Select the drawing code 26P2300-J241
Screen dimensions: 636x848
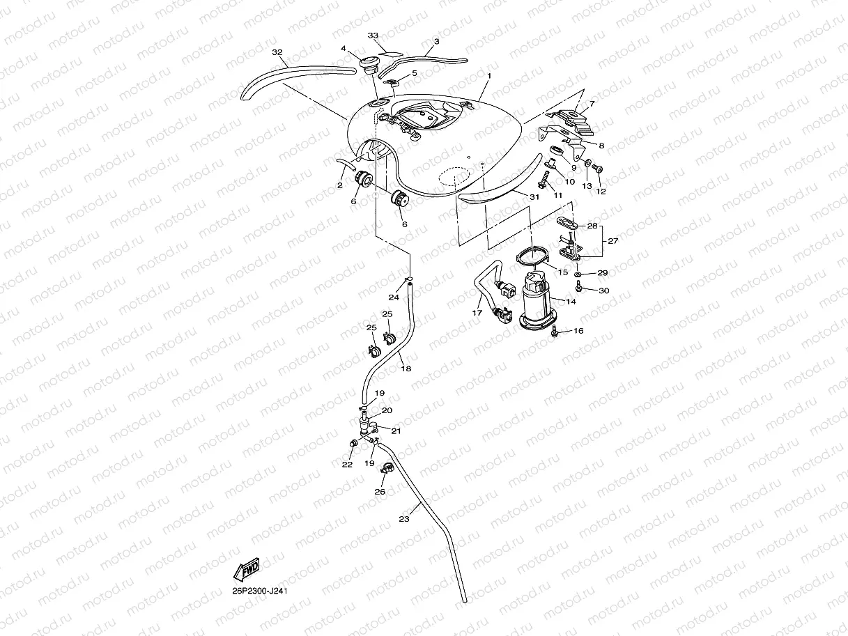[x=261, y=591]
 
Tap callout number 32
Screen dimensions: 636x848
[x=277, y=53]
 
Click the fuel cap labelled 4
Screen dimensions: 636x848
[x=368, y=64]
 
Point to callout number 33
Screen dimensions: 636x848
[x=372, y=35]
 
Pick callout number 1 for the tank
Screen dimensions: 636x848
[x=490, y=75]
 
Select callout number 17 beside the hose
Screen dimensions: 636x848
[x=477, y=313]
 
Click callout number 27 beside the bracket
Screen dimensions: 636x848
[x=613, y=241]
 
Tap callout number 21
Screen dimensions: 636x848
[x=396, y=431]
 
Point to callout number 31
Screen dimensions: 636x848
[x=534, y=197]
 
